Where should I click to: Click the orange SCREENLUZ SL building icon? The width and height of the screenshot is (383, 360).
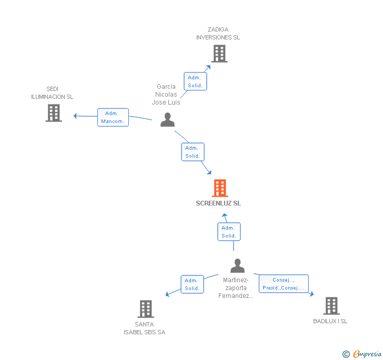pos(220,188)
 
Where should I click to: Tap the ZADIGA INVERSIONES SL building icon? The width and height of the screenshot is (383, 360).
pos(219,54)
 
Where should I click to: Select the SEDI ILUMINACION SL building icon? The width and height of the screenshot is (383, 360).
pos(54,113)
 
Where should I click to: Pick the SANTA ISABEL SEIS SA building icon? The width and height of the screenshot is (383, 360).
pos(146,309)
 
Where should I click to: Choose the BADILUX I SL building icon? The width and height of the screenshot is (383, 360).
pos(331,305)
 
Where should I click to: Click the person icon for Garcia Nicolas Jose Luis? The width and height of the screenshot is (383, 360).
pos(167,120)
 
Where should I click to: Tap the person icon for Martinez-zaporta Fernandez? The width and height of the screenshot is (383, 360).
pos(237,266)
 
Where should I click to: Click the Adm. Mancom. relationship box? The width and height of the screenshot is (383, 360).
pos(113,117)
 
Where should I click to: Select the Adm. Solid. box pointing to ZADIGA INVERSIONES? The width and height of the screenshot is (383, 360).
pos(195,81)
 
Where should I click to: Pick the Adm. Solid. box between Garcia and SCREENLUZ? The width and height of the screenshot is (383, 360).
pos(192,152)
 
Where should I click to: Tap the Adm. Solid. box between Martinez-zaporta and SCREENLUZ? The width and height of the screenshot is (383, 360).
pos(229,232)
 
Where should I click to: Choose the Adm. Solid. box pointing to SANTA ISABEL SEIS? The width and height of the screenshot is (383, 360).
pos(191,284)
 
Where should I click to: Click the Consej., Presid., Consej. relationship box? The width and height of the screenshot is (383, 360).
pos(283,284)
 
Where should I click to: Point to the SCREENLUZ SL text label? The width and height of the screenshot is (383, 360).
pos(218,203)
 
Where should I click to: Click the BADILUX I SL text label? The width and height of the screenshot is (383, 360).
pos(330,321)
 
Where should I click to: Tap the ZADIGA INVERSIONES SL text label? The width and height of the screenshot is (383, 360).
pos(218,34)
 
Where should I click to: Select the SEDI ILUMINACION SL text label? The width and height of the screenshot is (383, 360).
pos(52,93)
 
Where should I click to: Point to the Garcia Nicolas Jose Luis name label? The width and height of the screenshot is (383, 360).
pos(166,95)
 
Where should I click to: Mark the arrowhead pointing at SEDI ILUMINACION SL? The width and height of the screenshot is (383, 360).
pos(75,116)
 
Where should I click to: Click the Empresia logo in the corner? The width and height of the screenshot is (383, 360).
pos(362,354)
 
